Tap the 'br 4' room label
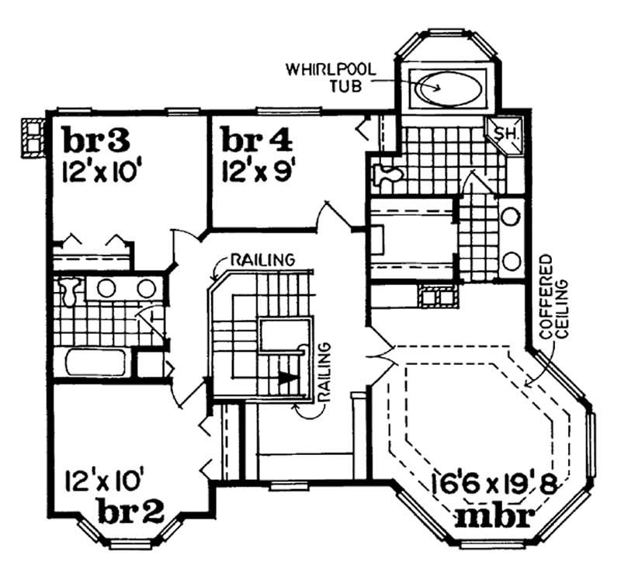pyautogui.click(x=257, y=141)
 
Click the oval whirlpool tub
pyautogui.click(x=445, y=88)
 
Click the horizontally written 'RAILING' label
pyautogui.click(x=259, y=259)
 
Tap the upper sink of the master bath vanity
pyautogui.click(x=510, y=217)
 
